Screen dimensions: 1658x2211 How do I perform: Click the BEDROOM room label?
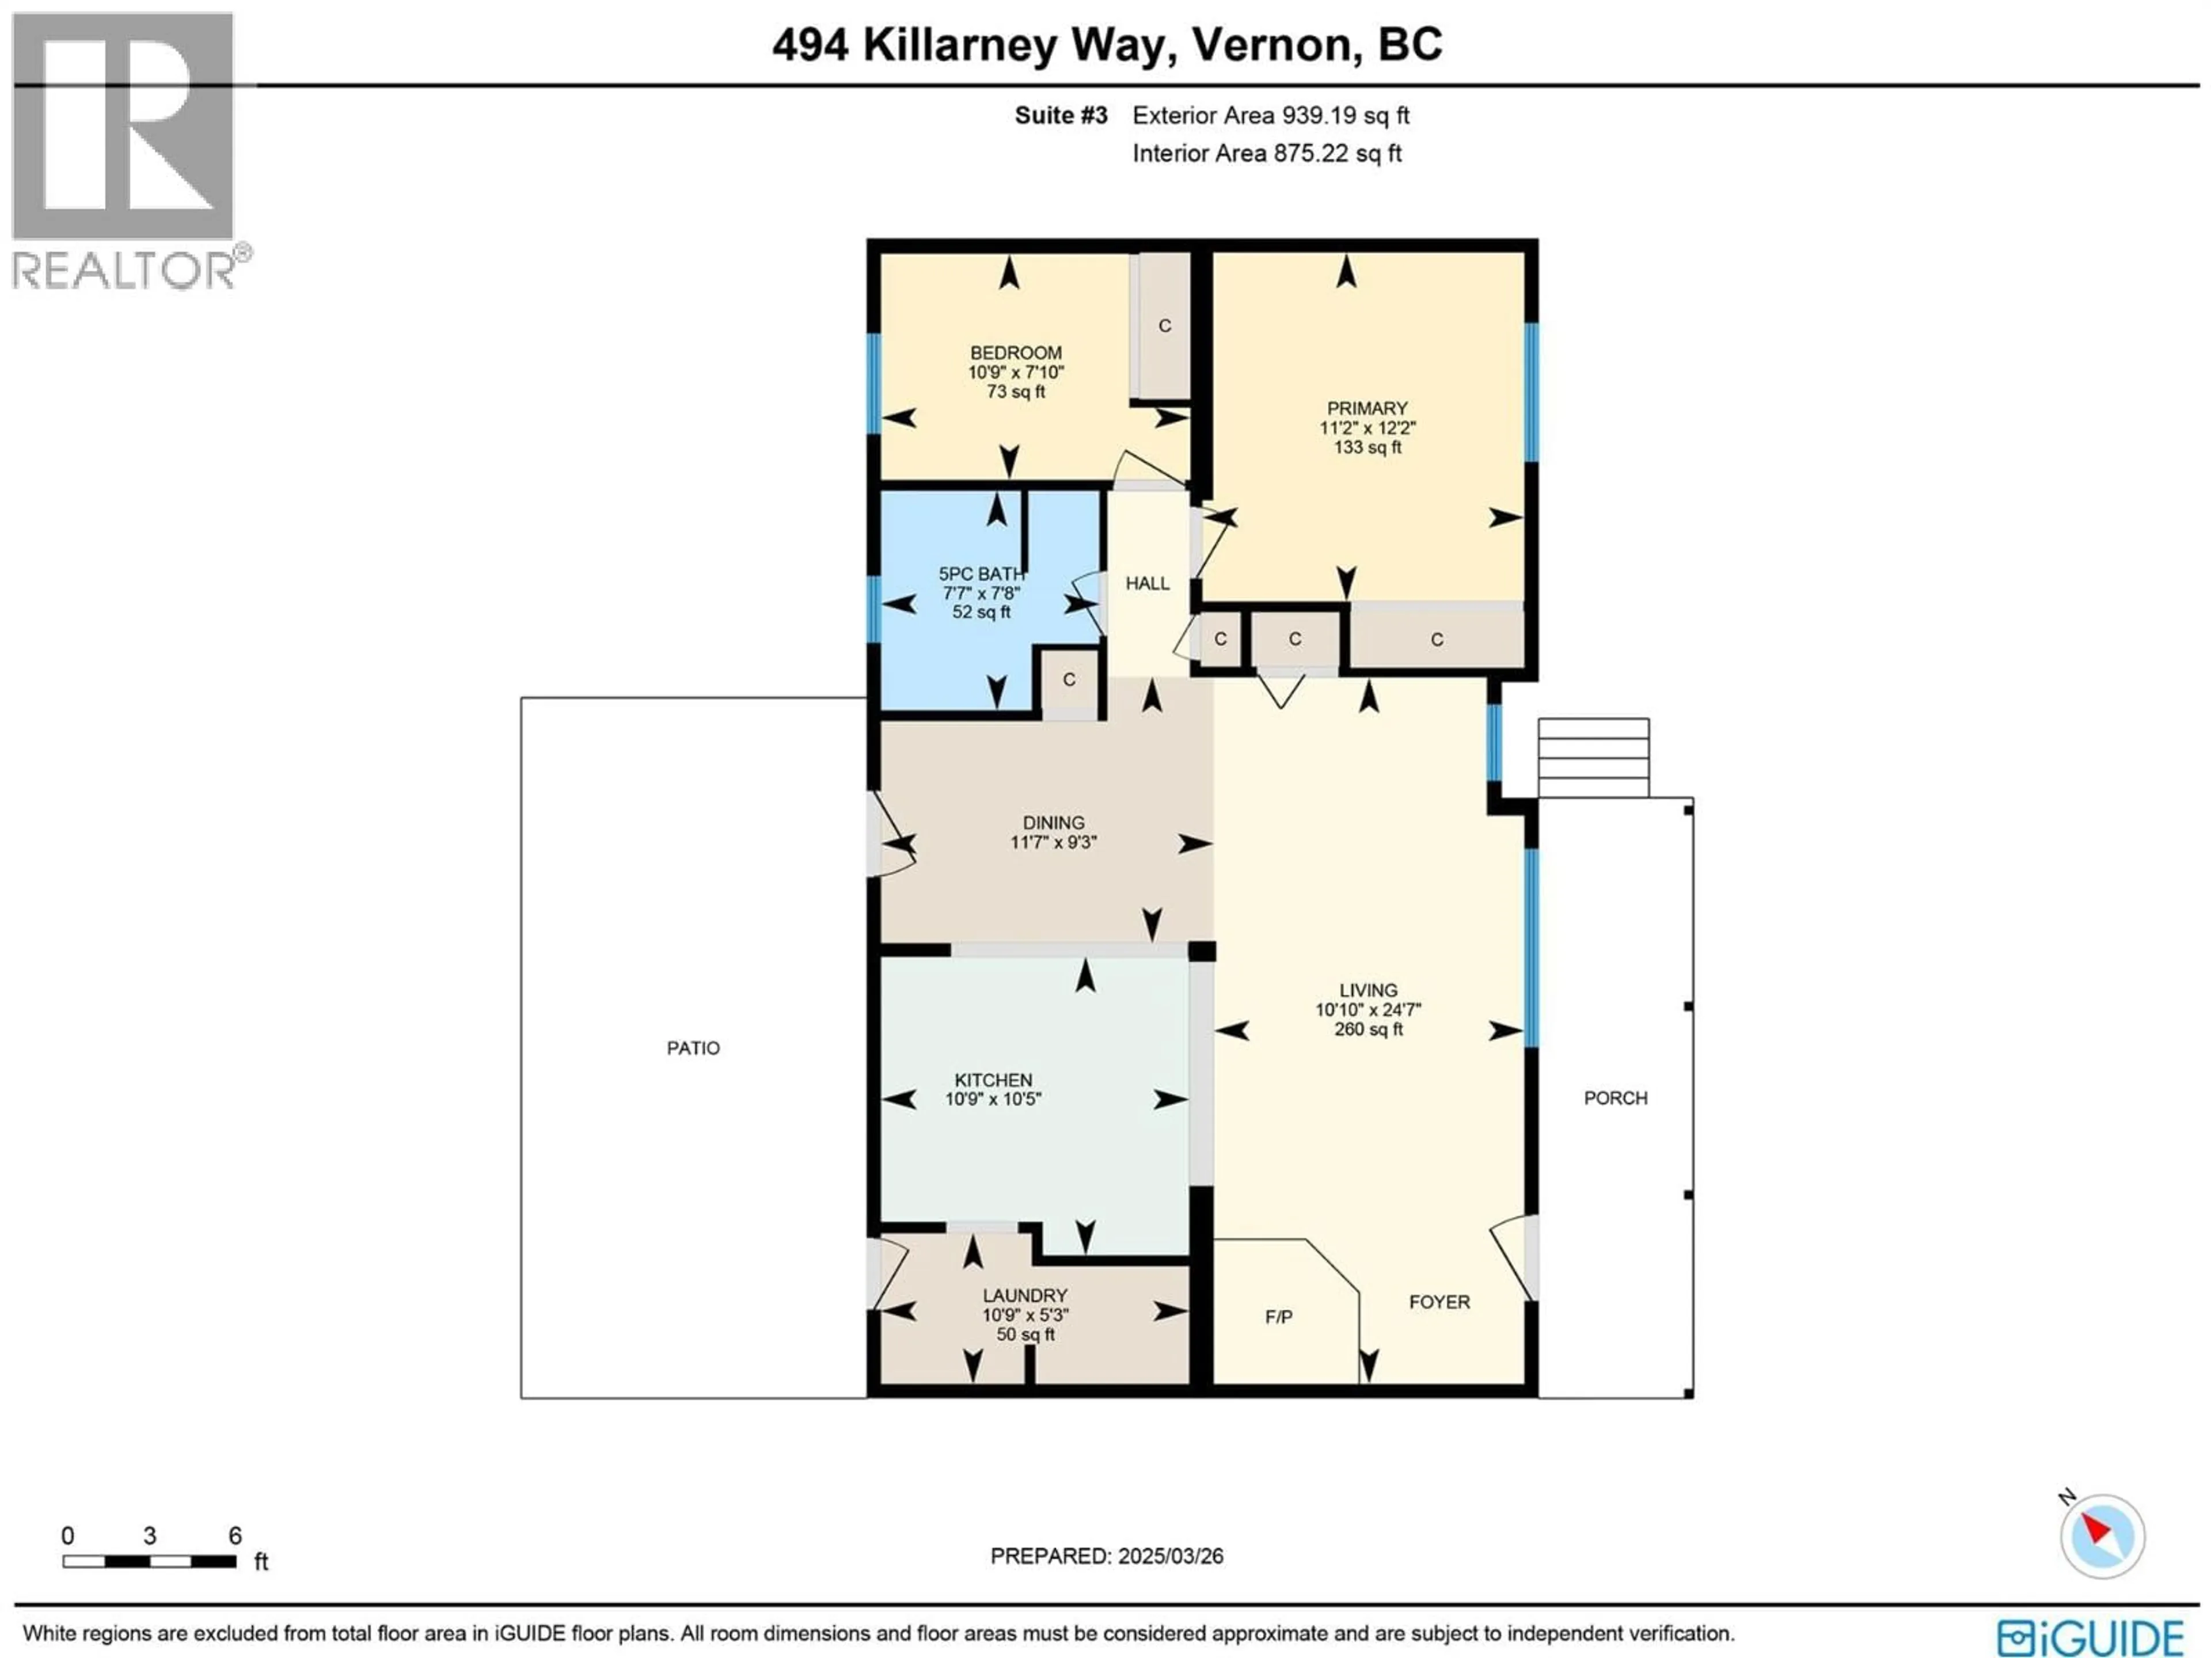[1016, 353]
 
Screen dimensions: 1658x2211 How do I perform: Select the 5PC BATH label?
[981, 573]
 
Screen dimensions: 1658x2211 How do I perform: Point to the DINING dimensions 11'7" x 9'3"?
[1054, 842]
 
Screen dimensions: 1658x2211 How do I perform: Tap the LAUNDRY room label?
[1024, 1295]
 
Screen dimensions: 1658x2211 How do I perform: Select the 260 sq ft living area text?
[1369, 1029]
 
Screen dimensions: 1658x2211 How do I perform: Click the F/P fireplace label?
[1278, 1317]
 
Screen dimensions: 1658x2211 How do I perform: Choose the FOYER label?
[1439, 1302]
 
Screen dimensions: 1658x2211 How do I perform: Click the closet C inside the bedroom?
[1164, 326]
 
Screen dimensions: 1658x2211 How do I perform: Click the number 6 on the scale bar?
[235, 1536]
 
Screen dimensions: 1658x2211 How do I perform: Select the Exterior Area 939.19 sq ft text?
[1270, 116]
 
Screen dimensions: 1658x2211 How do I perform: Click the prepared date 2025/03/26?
[1169, 1556]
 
